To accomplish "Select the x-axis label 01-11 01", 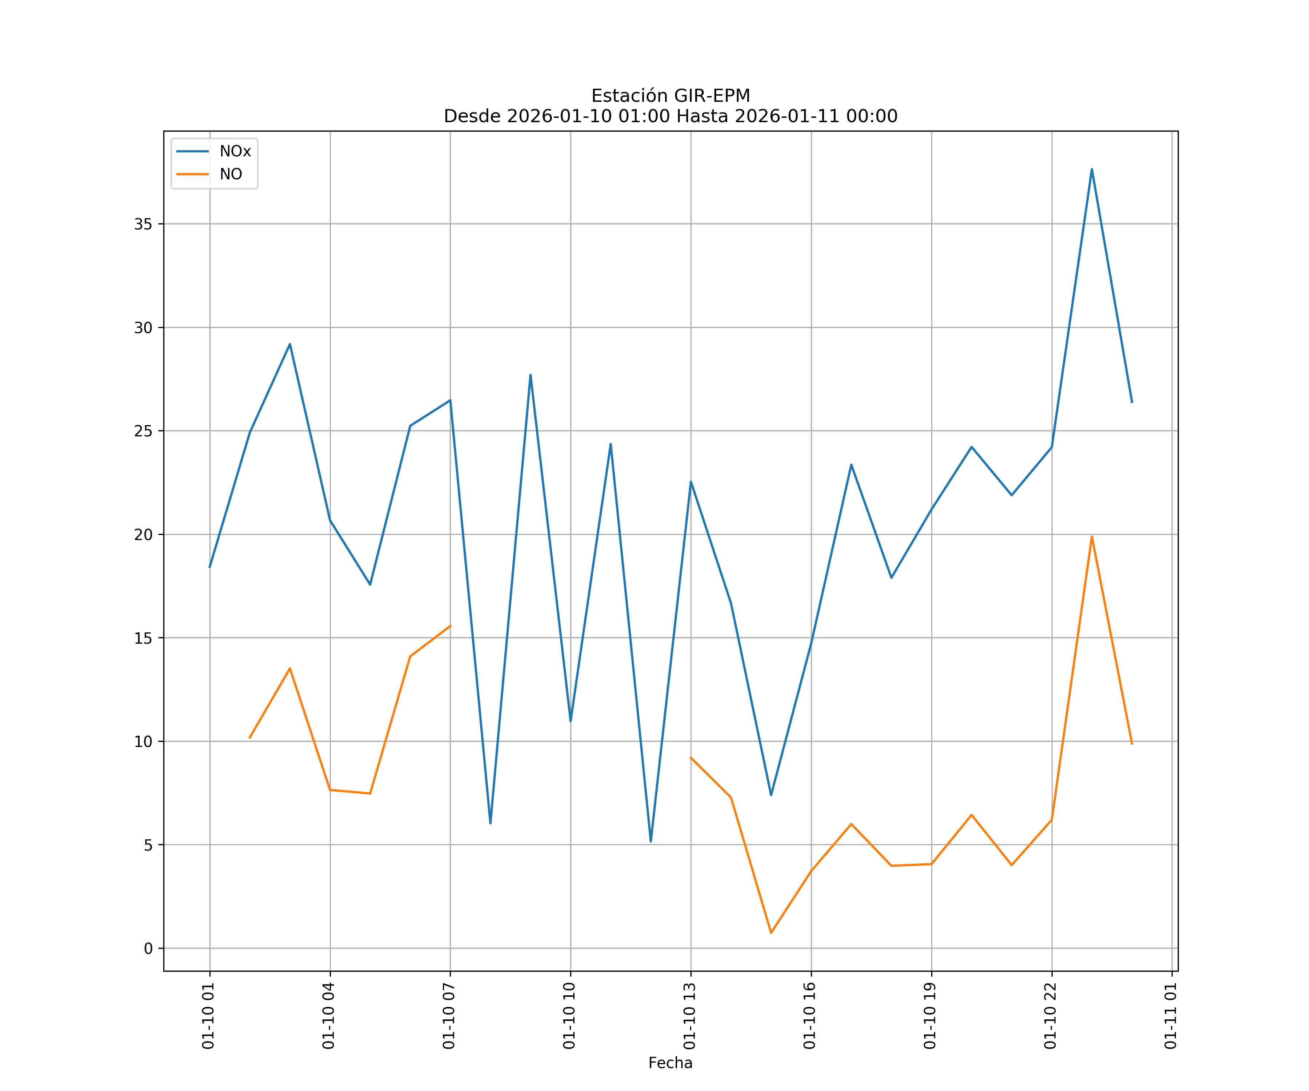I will [1170, 1016].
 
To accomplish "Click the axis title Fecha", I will [670, 1063].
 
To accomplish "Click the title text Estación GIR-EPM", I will [670, 96].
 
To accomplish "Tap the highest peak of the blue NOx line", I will [1092, 169].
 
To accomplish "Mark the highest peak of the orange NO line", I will [1092, 536].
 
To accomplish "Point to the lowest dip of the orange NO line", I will [771, 933].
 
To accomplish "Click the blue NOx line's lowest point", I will [651, 842].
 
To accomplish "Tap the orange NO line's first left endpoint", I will [250, 738].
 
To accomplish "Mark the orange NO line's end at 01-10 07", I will [450, 626].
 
